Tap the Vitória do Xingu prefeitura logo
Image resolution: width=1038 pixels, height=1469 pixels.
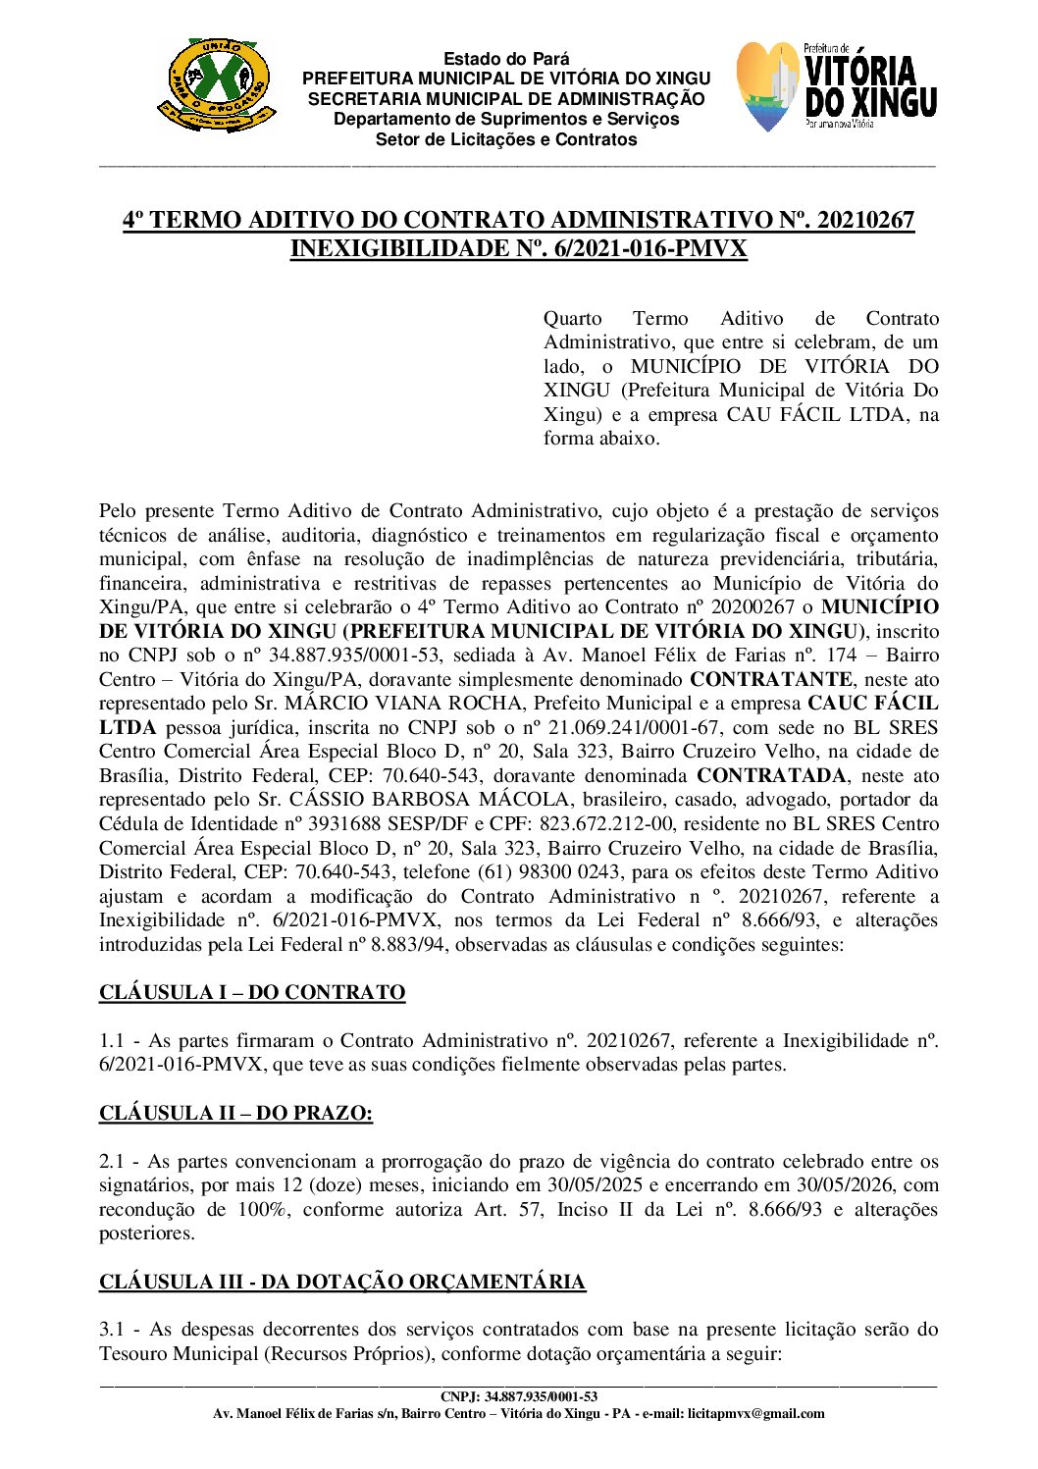click(x=836, y=87)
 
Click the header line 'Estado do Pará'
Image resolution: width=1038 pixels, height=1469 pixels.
click(x=505, y=59)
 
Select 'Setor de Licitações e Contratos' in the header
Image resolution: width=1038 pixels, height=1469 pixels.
click(x=505, y=139)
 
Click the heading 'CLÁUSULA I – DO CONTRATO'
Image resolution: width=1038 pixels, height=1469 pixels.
click(x=252, y=992)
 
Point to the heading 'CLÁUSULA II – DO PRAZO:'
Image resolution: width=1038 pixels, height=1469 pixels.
click(x=235, y=1113)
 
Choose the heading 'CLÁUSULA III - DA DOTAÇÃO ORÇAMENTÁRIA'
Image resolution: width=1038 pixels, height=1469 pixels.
click(x=342, y=1282)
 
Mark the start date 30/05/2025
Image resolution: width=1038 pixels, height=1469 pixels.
click(x=596, y=1185)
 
